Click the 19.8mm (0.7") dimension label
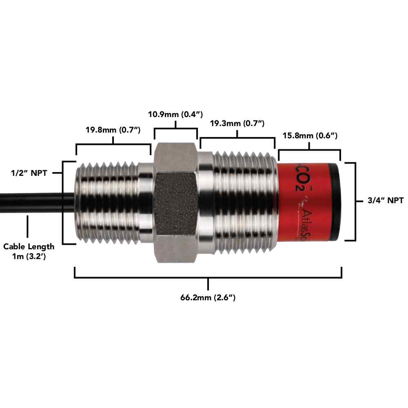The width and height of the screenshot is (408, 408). click(x=113, y=131)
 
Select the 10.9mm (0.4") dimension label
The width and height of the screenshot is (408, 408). click(x=175, y=114)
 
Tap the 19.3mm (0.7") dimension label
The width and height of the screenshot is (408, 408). click(x=237, y=123)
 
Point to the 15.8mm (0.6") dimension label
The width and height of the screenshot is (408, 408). click(x=309, y=135)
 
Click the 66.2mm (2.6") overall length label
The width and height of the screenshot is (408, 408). click(x=208, y=297)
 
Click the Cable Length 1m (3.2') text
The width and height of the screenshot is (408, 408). click(x=29, y=251)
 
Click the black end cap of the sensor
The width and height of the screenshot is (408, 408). click(x=335, y=202)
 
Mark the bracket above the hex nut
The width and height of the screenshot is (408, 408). click(x=175, y=130)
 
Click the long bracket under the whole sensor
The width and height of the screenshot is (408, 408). click(x=208, y=277)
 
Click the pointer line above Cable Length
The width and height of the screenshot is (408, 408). click(x=28, y=226)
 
